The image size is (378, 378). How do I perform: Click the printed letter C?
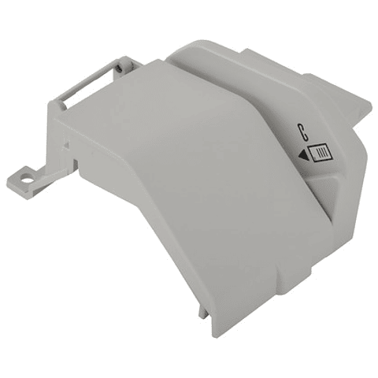point(303,131)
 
